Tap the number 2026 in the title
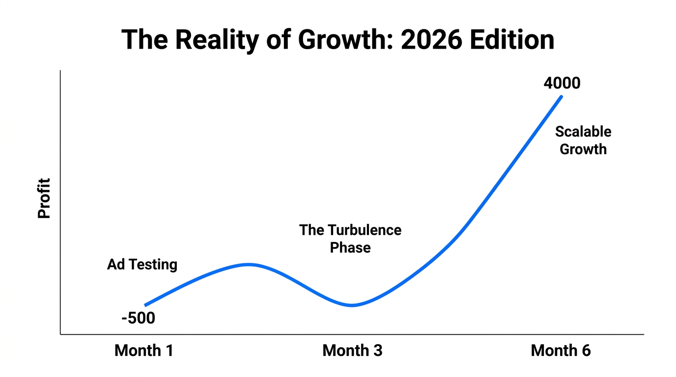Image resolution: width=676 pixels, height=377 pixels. [x=431, y=40]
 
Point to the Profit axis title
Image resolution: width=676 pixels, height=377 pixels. [x=44, y=198]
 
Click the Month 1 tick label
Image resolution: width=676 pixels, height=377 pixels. [x=144, y=350]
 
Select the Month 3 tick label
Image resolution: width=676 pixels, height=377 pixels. [x=352, y=350]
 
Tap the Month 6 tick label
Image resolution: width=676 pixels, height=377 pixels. [x=561, y=350]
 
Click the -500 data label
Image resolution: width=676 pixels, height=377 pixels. [x=138, y=319]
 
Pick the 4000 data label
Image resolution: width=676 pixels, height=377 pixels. [x=562, y=83]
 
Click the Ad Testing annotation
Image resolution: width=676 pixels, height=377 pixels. [x=142, y=265]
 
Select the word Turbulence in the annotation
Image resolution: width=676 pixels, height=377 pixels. [x=365, y=230]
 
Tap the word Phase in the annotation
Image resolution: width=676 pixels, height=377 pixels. [x=350, y=247]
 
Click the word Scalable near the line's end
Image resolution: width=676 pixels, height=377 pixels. [x=583, y=132]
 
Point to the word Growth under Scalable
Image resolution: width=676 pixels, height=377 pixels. [x=583, y=149]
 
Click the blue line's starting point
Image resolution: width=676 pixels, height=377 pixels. [x=145, y=305]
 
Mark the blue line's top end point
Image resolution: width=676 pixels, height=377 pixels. [x=561, y=96]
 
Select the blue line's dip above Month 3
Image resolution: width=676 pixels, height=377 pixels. [x=352, y=305]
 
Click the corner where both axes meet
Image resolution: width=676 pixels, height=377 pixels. [x=60, y=334]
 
